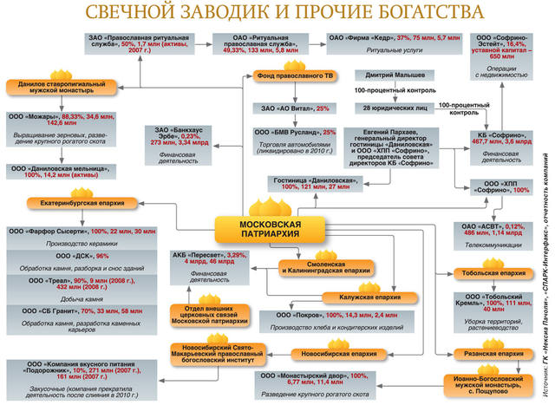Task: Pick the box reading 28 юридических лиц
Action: coord(386,108)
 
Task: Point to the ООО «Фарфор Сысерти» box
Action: coord(70,232)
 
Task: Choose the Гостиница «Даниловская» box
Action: coord(309,186)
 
